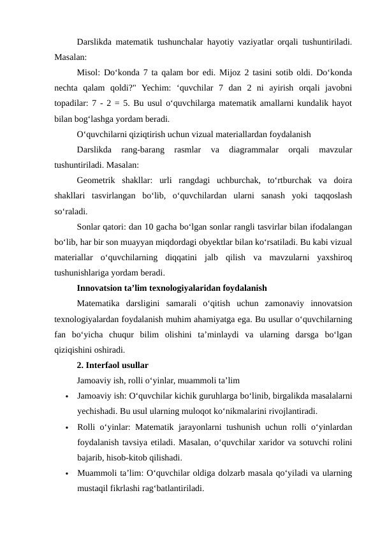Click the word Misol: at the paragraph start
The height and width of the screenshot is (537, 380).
(x=87, y=71)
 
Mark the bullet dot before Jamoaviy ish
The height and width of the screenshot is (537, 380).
(x=66, y=397)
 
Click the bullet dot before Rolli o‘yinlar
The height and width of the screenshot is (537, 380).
(x=66, y=427)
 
